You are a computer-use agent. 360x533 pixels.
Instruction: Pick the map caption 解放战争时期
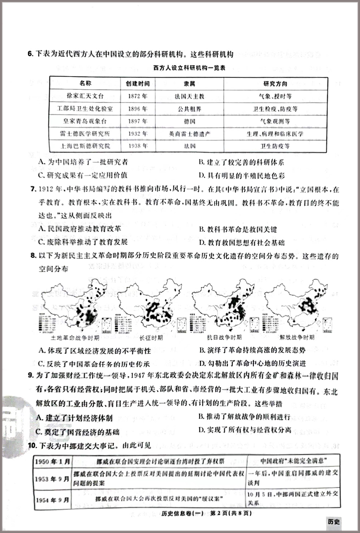[297, 338]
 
